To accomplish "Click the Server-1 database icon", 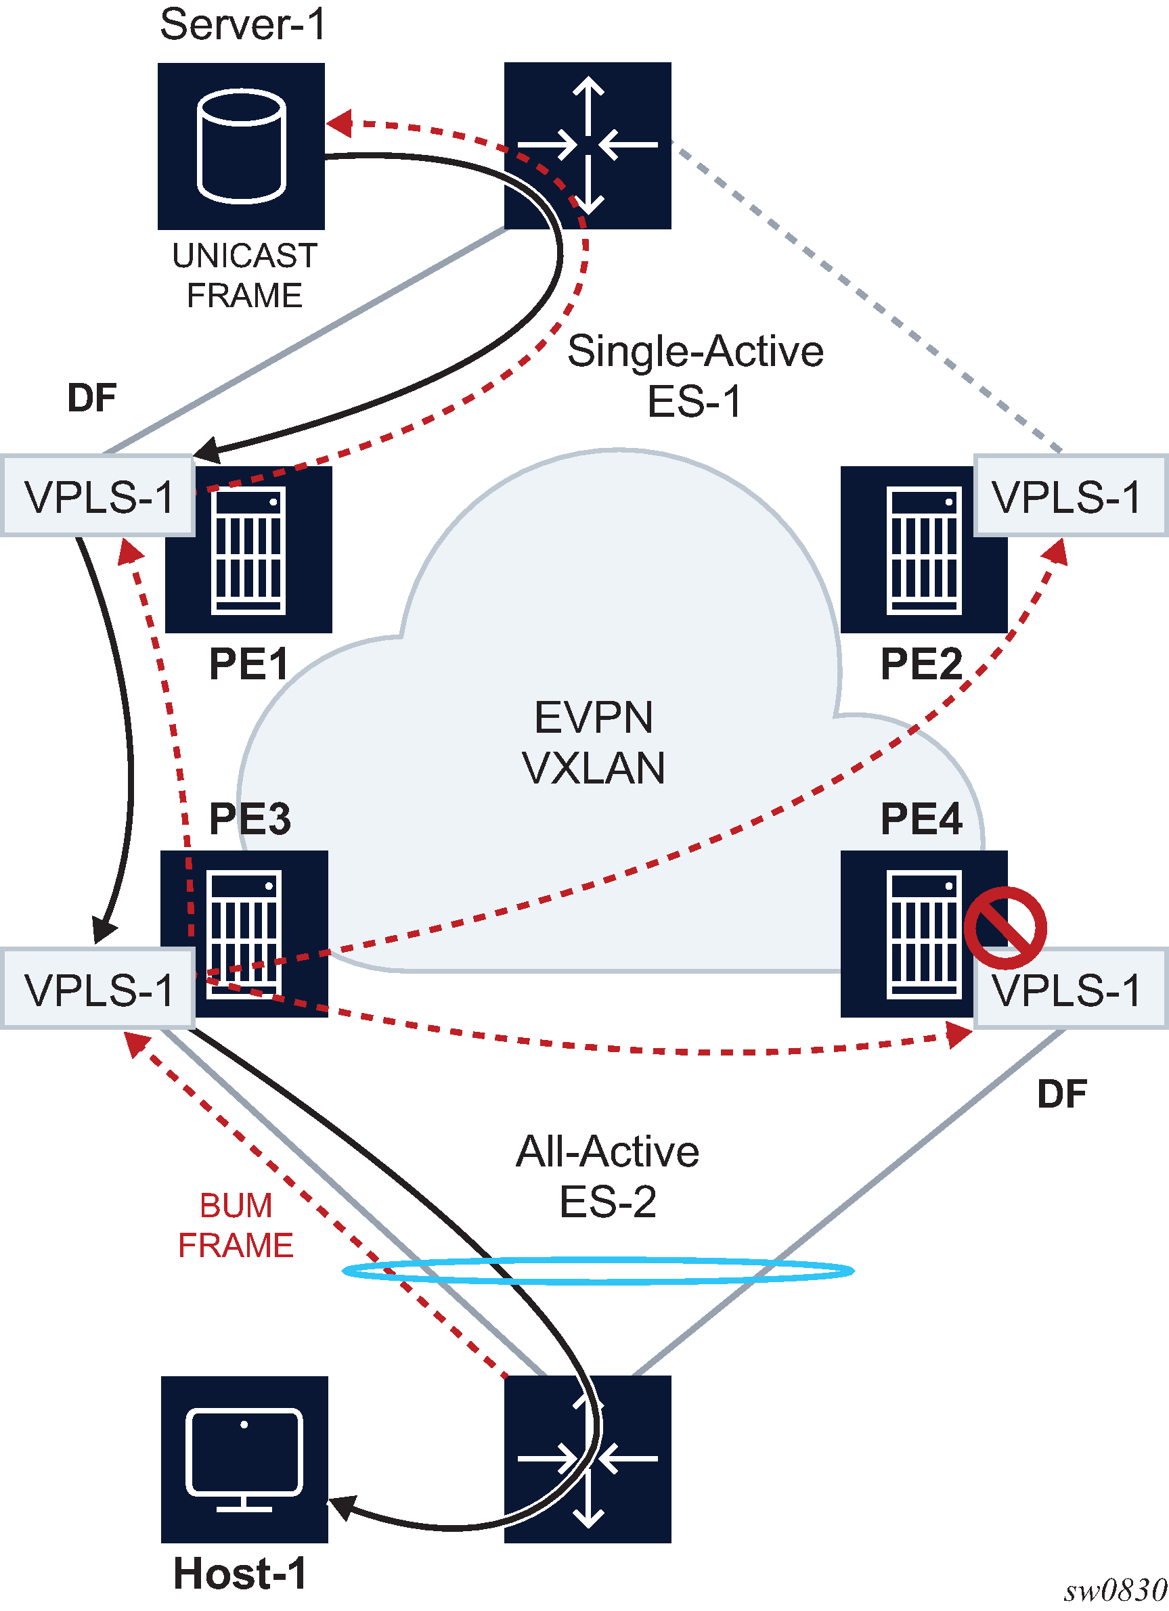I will (x=241, y=146).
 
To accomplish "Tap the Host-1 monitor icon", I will (x=244, y=1459).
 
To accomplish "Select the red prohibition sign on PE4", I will (x=1004, y=927).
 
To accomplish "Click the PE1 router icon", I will (x=248, y=550).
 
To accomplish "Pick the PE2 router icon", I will (x=923, y=550).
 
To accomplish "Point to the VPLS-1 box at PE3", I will (x=98, y=988).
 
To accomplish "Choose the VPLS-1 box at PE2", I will (x=1069, y=495).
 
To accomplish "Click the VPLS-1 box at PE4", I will (x=1069, y=988).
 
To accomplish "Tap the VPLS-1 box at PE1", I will (x=98, y=495).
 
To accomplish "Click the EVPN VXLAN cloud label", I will (x=594, y=742).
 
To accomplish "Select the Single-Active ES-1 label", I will (x=695, y=376).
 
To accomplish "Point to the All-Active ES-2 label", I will (x=608, y=1177).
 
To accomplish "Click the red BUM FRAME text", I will (x=236, y=1225).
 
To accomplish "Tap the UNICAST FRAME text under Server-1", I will (x=244, y=275).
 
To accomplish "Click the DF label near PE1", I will (x=91, y=398).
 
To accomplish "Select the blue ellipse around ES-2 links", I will (x=598, y=1271).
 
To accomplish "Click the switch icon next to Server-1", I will (x=588, y=145).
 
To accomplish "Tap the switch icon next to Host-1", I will (x=588, y=1459).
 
